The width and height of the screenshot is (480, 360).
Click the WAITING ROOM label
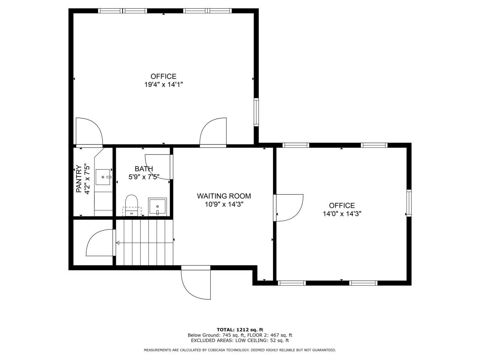[x=224, y=196]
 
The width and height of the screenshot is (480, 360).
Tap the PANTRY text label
[x=79, y=179]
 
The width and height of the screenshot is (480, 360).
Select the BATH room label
[x=144, y=169]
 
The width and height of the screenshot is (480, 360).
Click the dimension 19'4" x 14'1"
[x=163, y=85]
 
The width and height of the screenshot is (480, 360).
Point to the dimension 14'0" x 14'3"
[x=342, y=214]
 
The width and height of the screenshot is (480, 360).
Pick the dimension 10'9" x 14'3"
[x=224, y=204]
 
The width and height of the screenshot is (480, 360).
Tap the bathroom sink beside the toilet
[x=157, y=206]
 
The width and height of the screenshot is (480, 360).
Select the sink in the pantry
[x=103, y=177]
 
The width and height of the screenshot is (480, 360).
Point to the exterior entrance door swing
[x=195, y=283]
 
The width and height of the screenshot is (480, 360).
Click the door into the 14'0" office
[x=289, y=207]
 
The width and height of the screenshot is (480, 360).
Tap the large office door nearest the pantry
[x=89, y=132]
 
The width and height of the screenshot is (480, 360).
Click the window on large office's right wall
[x=256, y=111]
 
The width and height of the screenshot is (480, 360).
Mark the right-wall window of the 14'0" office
[x=409, y=203]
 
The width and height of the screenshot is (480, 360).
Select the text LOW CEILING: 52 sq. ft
[x=262, y=340]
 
